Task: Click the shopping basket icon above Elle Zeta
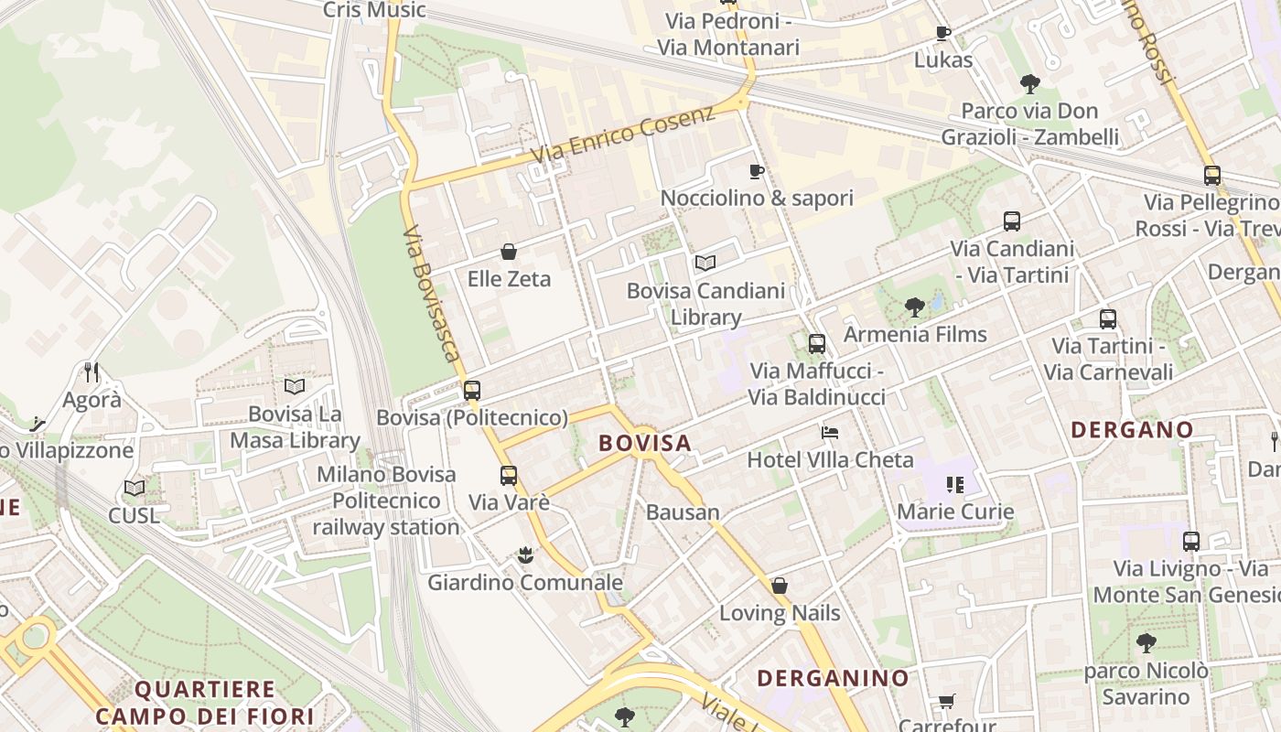[509, 252]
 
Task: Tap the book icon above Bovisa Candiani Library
[705, 264]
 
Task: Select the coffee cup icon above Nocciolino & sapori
[757, 171]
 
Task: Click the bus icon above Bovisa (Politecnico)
[472, 391]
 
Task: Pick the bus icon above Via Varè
[509, 476]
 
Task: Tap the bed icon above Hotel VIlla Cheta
[830, 432]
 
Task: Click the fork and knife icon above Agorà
[91, 371]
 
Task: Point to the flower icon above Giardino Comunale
[525, 554]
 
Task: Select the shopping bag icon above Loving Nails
[780, 586]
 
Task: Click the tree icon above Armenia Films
[914, 307]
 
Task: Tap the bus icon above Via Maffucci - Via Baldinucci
[817, 344]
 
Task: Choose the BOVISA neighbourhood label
[645, 443]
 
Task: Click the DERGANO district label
[1132, 429]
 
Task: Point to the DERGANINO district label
[833, 678]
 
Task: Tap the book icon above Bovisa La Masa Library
[295, 387]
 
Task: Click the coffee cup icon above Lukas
[943, 34]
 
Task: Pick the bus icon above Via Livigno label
[1191, 541]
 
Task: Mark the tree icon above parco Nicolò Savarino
[1146, 643]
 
